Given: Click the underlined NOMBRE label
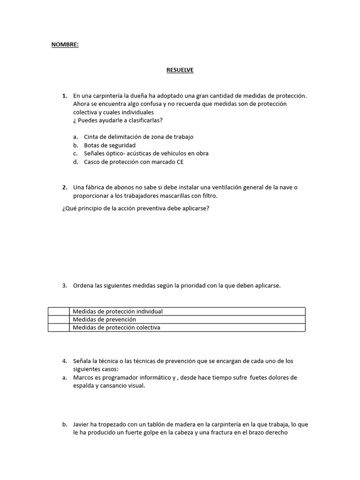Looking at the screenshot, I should tap(65, 45).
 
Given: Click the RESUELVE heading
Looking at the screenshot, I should tap(180, 70).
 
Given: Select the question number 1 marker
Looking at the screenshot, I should tap(65, 96).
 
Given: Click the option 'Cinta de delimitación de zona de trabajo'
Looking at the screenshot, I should tap(138, 137).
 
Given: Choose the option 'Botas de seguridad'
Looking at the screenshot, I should tap(110, 145).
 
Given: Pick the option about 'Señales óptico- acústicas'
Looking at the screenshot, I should tap(146, 153).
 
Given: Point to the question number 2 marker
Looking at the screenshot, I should tap(65, 187).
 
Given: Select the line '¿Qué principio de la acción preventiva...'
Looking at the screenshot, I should tap(135, 208).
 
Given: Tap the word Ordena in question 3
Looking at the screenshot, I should tap(82, 285).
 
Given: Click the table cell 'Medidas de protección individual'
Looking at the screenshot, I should tap(118, 311).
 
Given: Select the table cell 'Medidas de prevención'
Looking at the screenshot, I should tap(104, 319).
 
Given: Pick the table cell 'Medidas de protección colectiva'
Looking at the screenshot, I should tap(116, 328).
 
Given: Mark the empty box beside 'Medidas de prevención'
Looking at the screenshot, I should tap(59, 319).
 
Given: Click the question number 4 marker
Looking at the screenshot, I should tap(65, 361).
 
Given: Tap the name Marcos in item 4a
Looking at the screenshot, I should tap(83, 377).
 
